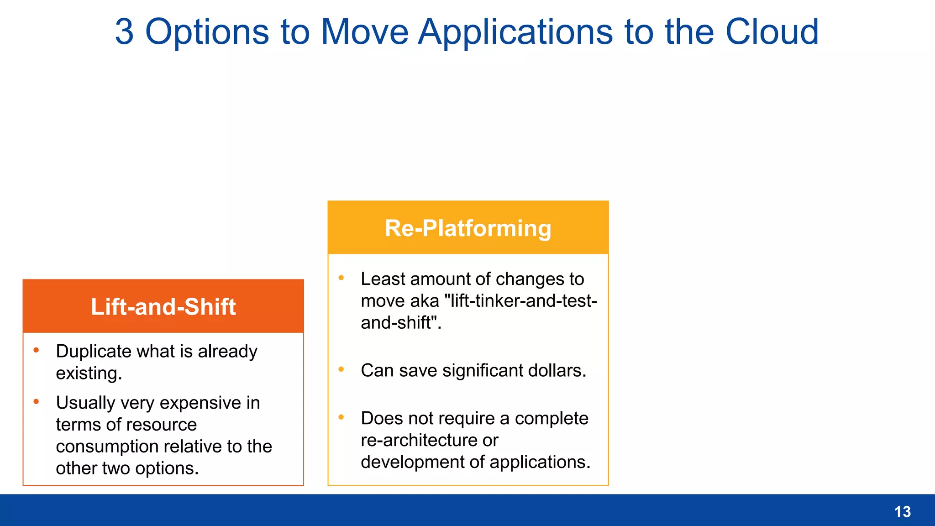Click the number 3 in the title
[x=124, y=32]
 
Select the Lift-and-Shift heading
[x=163, y=307]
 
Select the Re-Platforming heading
[x=468, y=228]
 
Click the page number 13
[x=902, y=512]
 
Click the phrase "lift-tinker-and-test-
[x=520, y=301]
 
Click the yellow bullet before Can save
[x=341, y=369]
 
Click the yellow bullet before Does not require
[x=341, y=417]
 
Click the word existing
[x=89, y=373]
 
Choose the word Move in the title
[x=364, y=32]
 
